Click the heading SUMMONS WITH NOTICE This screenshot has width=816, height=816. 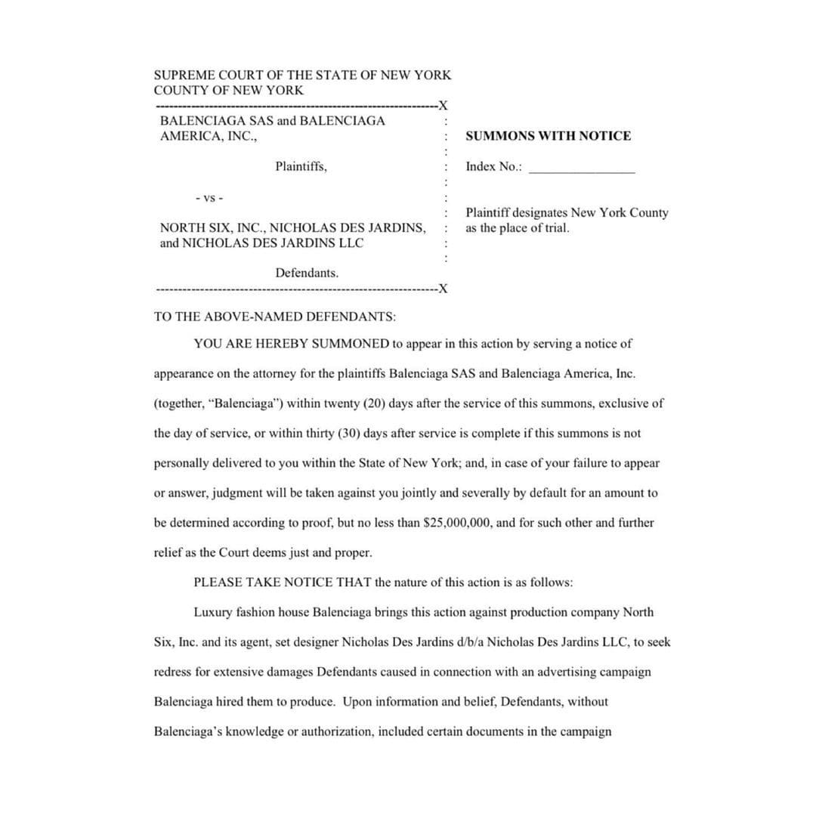coord(548,136)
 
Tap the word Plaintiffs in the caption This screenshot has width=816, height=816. coord(301,166)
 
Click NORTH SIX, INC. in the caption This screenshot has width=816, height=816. coord(211,227)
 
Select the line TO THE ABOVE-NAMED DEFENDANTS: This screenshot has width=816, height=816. coord(274,317)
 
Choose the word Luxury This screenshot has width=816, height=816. coord(213,613)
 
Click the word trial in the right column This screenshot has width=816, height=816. coord(555,228)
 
